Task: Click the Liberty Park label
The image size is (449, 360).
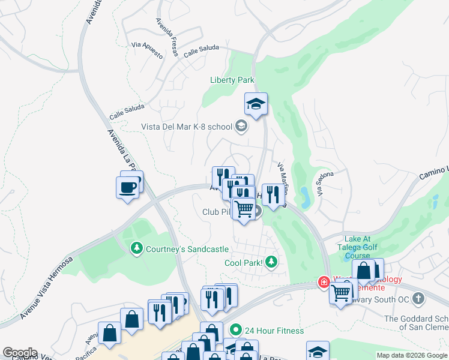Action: [x=232, y=80]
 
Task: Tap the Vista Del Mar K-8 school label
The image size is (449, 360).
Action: [x=186, y=126]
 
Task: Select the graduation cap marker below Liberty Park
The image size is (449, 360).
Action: [x=256, y=104]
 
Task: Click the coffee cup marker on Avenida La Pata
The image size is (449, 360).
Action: [x=127, y=187]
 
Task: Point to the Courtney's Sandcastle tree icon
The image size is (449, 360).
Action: [x=137, y=248]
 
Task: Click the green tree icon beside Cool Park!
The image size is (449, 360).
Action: [x=271, y=262]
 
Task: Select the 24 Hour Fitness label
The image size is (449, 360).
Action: [x=274, y=331]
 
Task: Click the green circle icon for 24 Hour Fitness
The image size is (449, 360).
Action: [x=236, y=330]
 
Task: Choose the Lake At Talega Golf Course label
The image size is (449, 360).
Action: [x=362, y=247]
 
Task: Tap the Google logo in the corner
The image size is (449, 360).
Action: [x=20, y=353]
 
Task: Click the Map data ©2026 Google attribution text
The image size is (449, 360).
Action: [x=411, y=355]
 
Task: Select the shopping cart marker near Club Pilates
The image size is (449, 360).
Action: [x=243, y=208]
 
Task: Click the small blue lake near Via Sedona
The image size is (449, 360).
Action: [x=304, y=195]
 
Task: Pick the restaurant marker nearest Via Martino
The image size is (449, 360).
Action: [x=273, y=194]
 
